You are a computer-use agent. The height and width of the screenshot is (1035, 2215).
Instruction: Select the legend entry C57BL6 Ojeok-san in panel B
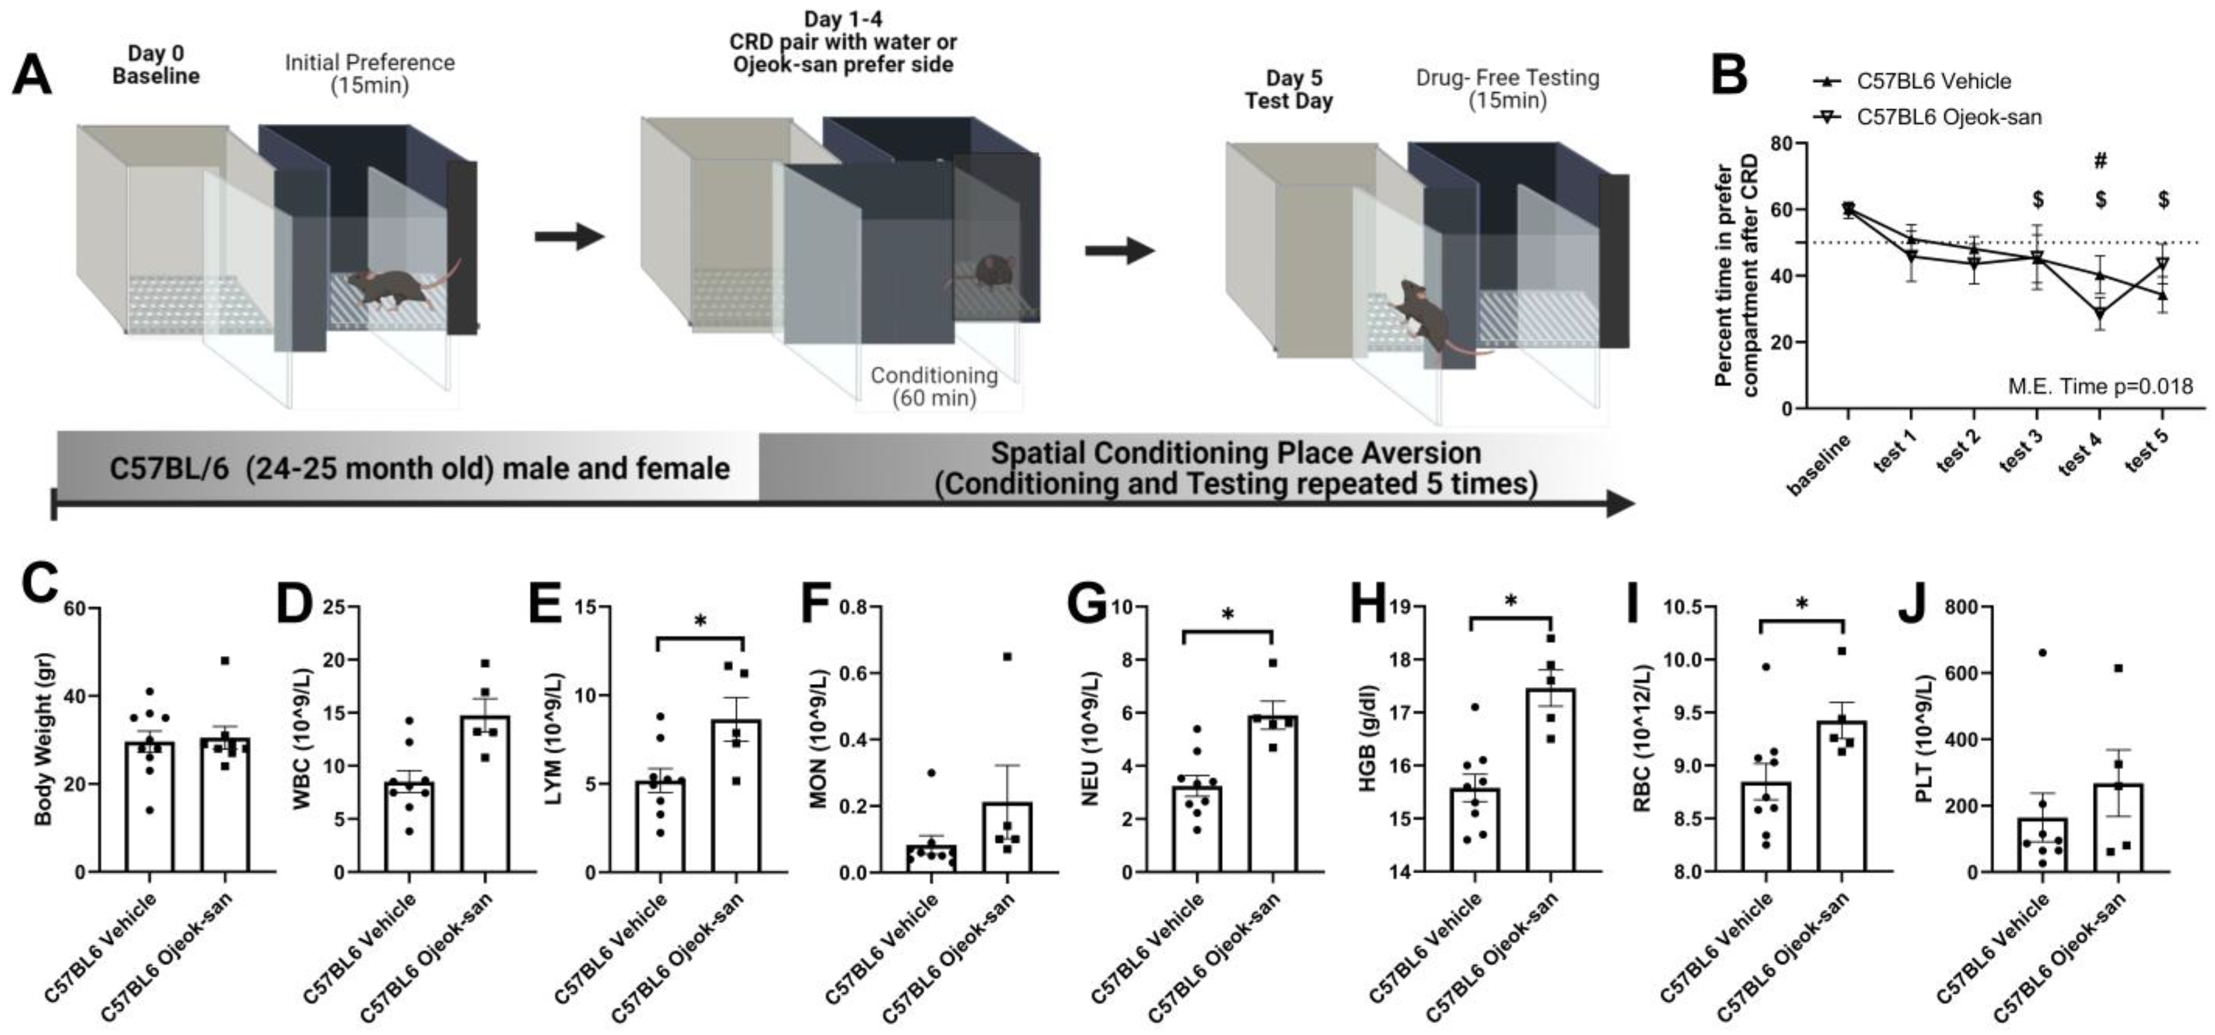point(1949,117)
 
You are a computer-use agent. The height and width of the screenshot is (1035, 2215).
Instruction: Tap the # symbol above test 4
point(2100,161)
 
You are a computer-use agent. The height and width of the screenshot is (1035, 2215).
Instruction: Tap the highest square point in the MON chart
point(1007,657)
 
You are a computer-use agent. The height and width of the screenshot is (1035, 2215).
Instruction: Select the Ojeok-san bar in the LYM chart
point(736,795)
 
